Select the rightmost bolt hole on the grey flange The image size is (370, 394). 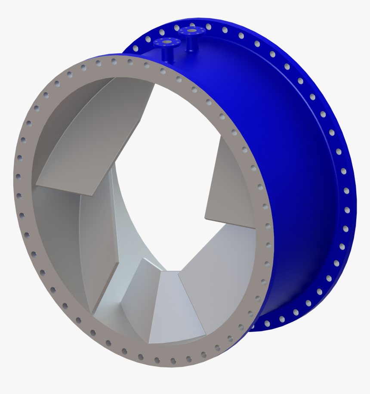point(268,226)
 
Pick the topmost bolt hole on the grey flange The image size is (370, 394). point(114,61)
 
